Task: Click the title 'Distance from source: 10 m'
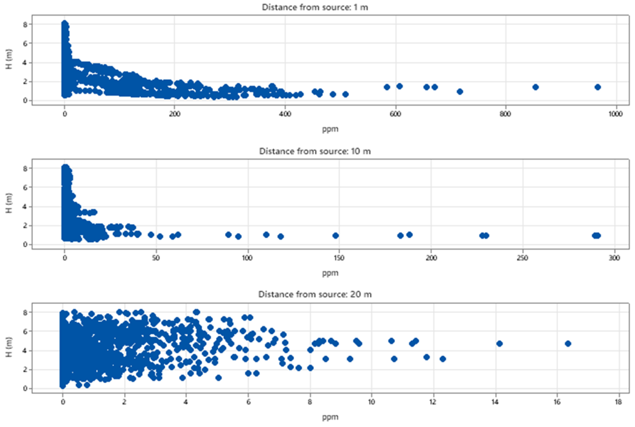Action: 315,151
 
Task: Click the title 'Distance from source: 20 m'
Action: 315,294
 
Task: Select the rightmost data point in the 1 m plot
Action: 598,87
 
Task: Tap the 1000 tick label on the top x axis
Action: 615,114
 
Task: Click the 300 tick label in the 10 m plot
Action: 615,258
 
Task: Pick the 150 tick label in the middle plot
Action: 339,258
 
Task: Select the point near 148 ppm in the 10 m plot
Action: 336,236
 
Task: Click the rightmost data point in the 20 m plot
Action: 568,344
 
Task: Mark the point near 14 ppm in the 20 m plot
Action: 499,344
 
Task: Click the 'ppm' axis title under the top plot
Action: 330,129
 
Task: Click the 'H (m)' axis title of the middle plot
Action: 9,203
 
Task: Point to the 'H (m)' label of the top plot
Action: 9,59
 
